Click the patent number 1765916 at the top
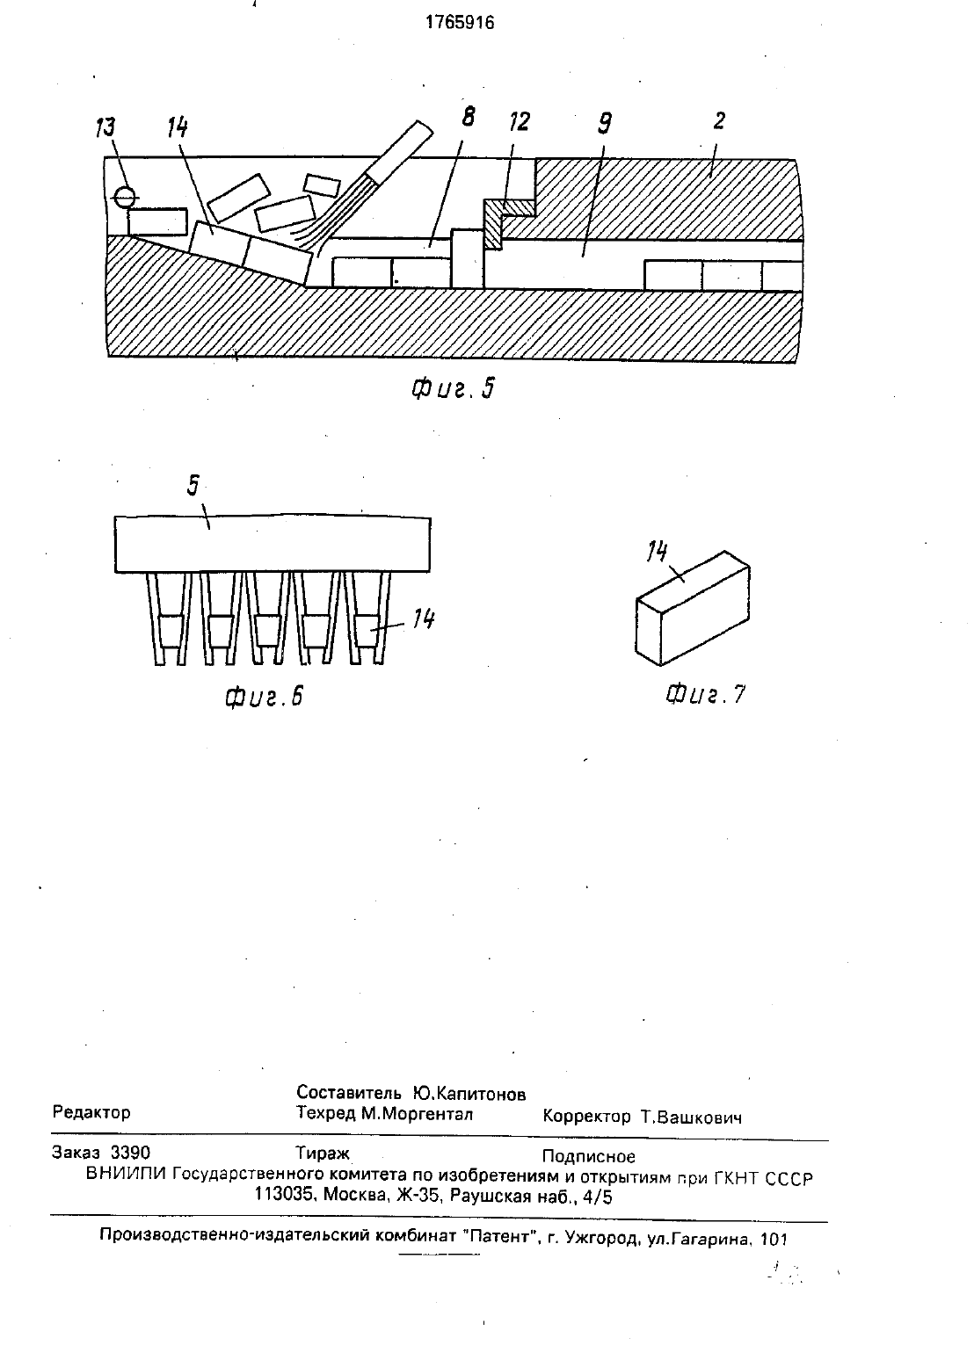(459, 23)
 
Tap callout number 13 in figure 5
(105, 128)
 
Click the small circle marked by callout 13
(125, 197)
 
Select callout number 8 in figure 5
(468, 116)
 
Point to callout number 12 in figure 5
(519, 121)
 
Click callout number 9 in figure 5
(604, 122)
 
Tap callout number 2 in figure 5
(718, 121)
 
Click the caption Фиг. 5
(453, 388)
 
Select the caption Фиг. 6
(264, 697)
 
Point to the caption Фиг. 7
(705, 695)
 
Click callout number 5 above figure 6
(193, 486)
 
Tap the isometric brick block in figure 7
(693, 608)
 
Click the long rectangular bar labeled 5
(273, 544)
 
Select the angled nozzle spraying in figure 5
(399, 153)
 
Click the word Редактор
(91, 1112)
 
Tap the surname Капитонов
(469, 1094)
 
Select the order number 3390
(130, 1153)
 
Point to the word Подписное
(589, 1156)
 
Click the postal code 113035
(284, 1197)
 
